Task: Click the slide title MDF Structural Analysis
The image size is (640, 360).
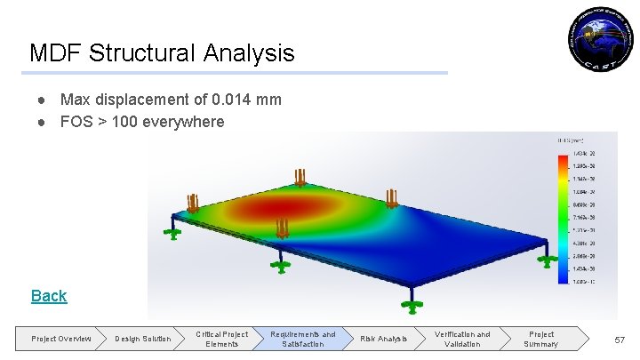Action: pos(162,53)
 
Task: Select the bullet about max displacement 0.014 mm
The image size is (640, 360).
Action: pos(170,100)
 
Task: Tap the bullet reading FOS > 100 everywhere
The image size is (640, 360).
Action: pos(142,122)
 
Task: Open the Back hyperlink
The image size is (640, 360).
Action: pos(49,296)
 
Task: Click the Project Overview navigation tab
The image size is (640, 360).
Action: pos(60,339)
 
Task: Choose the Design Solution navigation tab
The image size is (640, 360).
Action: pos(142,339)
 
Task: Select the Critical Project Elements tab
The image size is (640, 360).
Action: pos(221,339)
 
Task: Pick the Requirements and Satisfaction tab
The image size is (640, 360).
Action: pos(303,339)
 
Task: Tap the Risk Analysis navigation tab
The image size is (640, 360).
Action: pos(383,339)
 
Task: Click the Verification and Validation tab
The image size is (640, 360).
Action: pos(462,339)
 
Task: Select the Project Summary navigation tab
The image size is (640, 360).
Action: pos(540,339)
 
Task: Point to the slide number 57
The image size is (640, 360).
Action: pos(620,340)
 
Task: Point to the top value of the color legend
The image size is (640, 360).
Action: pos(584,155)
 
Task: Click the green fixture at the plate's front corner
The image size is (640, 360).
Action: pos(411,306)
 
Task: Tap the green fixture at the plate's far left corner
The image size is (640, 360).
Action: pos(172,232)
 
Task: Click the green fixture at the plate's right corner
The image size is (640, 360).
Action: pos(548,260)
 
